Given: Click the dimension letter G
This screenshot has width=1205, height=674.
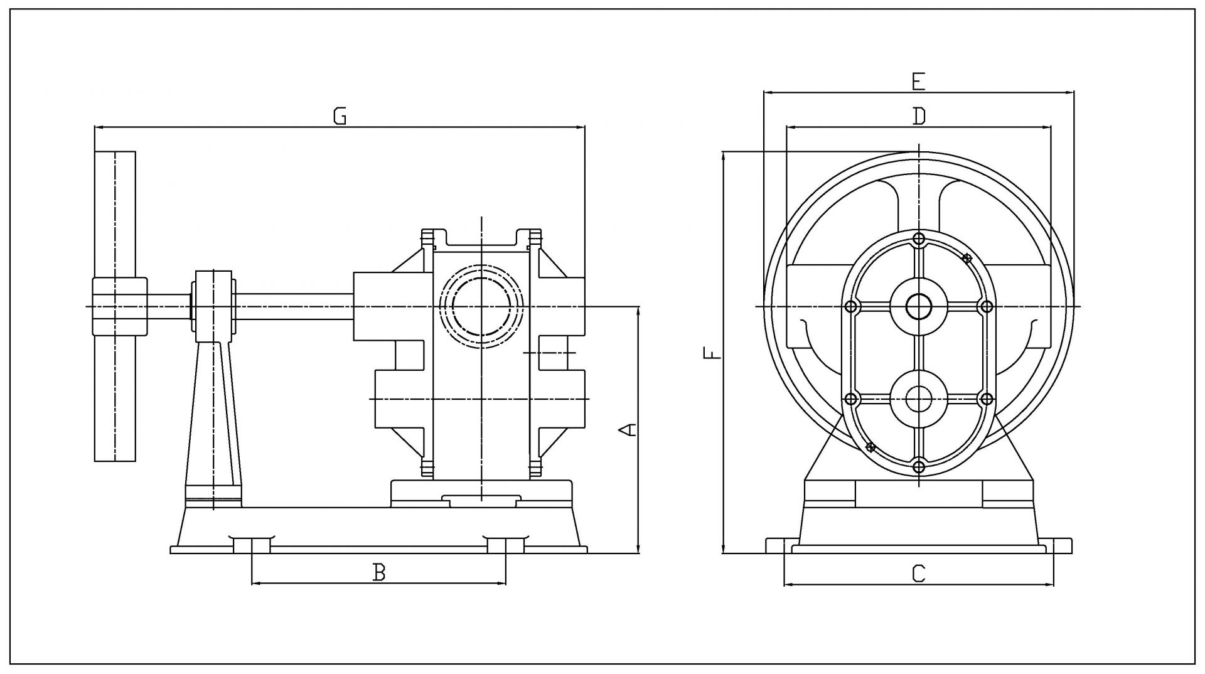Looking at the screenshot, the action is click(340, 116).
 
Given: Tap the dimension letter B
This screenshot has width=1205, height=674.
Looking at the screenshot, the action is click(378, 572).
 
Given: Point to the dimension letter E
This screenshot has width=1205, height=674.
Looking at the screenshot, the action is click(918, 82).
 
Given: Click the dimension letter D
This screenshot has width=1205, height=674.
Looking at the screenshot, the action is click(919, 116).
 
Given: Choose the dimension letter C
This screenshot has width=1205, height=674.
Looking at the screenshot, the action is click(918, 573).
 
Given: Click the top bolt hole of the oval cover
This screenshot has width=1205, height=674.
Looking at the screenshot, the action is click(919, 238).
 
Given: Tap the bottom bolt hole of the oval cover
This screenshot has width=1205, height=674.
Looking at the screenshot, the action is click(919, 466).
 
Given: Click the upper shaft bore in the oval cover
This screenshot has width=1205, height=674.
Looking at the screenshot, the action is click(919, 306).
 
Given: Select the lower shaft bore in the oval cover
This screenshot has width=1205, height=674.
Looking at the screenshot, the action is click(919, 399).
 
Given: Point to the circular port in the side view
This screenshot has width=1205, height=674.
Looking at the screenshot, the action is click(481, 306).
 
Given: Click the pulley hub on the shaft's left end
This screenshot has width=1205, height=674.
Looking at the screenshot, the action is click(120, 306).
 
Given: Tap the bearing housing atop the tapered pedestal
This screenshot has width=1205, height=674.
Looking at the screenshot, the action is click(213, 306).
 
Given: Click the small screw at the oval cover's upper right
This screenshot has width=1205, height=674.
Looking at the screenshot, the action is click(967, 258).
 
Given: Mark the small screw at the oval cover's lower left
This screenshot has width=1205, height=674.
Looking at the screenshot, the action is click(870, 447).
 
